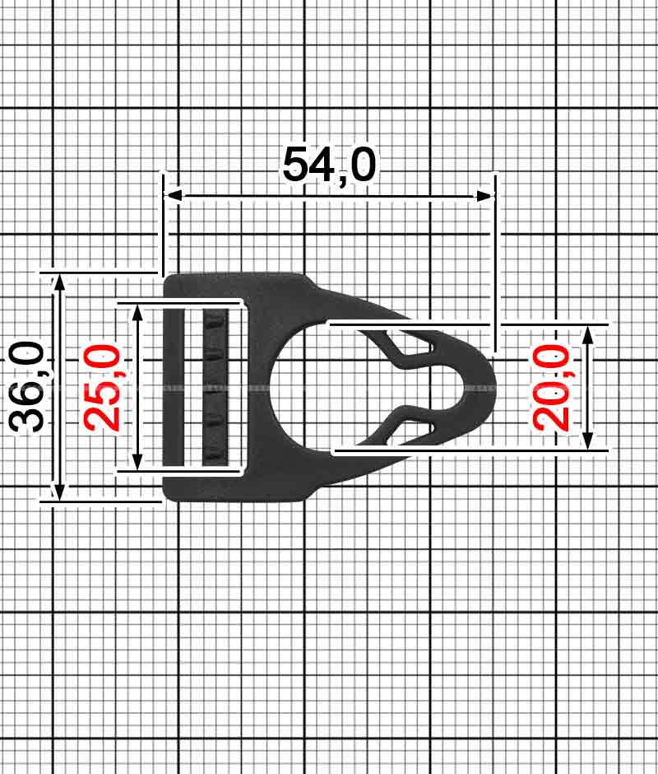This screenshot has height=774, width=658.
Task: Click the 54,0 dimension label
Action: tap(329, 165)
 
